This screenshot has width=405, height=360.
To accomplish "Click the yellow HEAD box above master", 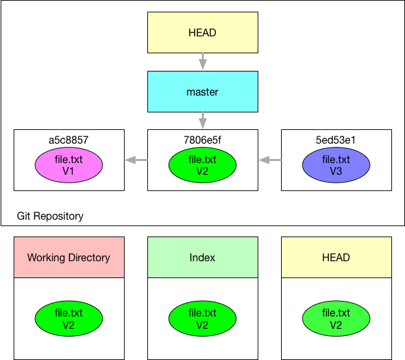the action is click(202, 32).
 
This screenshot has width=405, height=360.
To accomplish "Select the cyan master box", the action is click(202, 92).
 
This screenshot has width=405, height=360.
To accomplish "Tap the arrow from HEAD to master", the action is click(202, 62).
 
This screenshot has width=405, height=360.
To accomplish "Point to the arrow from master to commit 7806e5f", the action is click(202, 120).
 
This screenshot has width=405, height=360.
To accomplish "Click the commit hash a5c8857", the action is click(68, 140).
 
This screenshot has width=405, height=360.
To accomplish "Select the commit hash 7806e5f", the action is click(202, 140).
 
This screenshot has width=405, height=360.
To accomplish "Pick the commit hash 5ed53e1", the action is click(336, 140).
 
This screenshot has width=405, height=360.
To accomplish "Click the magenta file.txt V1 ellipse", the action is click(69, 165).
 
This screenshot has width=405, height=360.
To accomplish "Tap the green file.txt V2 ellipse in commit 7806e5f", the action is click(202, 165).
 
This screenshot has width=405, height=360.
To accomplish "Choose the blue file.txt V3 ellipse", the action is click(336, 165).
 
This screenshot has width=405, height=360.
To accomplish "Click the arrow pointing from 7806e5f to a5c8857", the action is click(136, 160).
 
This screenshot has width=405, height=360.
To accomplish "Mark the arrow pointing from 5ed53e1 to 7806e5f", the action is click(270, 160).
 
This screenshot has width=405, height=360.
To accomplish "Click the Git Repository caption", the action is click(50, 216).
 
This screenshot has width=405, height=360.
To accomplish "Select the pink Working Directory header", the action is click(69, 257).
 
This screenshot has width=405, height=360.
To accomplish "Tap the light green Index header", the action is click(202, 257).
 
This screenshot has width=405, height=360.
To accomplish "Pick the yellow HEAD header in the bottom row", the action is click(336, 257).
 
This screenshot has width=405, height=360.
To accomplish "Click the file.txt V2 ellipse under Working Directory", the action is click(69, 318).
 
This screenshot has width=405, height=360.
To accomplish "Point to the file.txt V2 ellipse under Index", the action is click(202, 318).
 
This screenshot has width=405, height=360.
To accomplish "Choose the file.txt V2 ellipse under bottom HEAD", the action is click(336, 318).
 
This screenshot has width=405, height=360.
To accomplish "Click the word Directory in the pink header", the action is click(89, 257).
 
